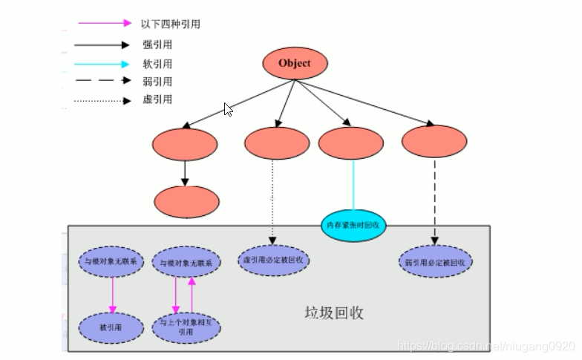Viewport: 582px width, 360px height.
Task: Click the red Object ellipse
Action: (x=295, y=64)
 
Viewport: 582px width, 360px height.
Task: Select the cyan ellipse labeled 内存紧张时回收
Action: (x=354, y=225)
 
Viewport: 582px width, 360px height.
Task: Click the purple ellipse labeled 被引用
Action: (x=111, y=327)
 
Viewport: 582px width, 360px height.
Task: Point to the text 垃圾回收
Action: (x=335, y=312)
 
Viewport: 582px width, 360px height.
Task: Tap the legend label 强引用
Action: (x=157, y=45)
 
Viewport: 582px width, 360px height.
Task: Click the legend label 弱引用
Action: (x=157, y=82)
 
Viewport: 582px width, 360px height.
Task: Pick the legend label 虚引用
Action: (x=157, y=99)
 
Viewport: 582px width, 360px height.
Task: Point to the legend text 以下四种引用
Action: (x=170, y=24)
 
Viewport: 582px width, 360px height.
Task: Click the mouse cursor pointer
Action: (x=228, y=109)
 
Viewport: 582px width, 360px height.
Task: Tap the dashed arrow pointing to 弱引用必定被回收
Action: (x=434, y=200)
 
